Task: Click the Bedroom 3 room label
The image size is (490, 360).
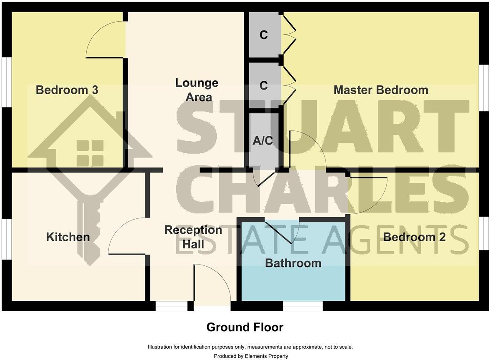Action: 67,90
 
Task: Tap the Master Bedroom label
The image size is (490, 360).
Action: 381,90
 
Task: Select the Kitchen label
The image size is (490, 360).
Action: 68,237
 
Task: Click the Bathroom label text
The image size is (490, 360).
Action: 293,263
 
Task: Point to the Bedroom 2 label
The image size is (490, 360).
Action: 414,237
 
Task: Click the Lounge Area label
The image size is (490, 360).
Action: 197,90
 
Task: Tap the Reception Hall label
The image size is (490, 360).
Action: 193,237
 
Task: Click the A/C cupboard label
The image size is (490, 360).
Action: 263,140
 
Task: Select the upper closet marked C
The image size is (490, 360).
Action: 263,35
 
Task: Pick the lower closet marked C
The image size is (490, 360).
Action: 263,85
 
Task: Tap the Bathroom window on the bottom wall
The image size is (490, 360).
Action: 303,306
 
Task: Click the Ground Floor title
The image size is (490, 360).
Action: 245,327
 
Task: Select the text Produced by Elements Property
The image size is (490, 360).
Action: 251,356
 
